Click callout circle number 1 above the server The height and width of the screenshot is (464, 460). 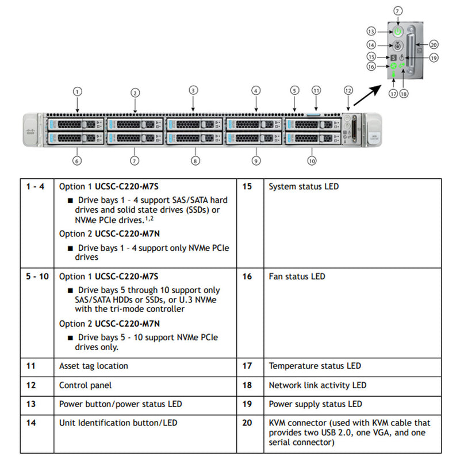(x=78, y=91)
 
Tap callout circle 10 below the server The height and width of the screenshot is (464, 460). (x=312, y=161)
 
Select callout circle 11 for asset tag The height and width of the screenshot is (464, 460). (x=316, y=90)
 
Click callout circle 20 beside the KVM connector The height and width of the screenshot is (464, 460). (x=434, y=44)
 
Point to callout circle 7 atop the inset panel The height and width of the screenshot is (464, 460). (x=398, y=11)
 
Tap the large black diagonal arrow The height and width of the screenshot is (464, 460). (x=369, y=93)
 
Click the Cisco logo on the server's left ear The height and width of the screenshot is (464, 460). (x=30, y=131)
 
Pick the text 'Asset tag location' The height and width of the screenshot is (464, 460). (x=94, y=366)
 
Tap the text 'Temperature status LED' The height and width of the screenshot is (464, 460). (x=315, y=366)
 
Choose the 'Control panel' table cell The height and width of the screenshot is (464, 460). (x=85, y=385)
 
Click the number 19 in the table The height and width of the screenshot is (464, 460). (x=247, y=404)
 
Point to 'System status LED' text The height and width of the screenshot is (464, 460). (x=304, y=187)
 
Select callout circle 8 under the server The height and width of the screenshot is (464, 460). (x=195, y=161)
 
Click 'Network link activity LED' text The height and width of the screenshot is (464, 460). (x=317, y=385)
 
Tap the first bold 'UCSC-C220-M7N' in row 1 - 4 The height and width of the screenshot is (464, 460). (x=127, y=234)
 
